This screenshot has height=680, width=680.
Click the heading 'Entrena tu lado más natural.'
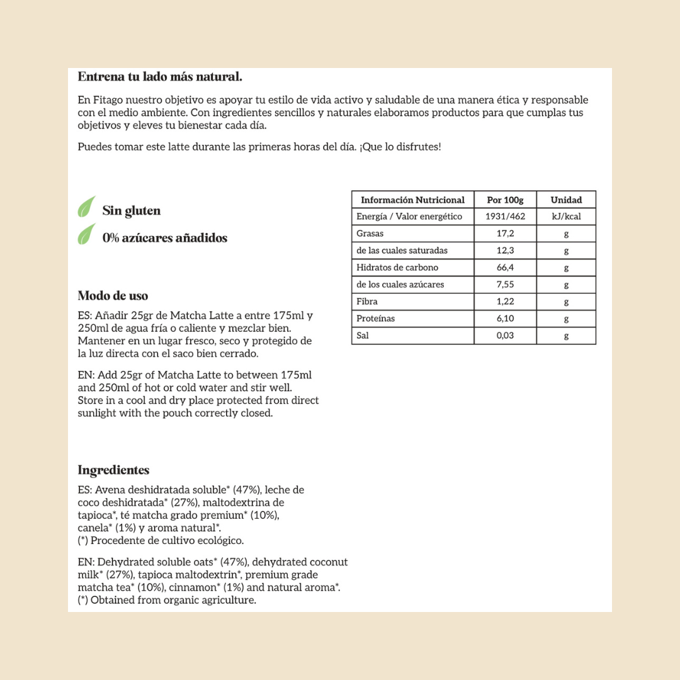(x=160, y=77)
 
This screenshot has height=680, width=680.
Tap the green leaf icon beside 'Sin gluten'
(x=86, y=207)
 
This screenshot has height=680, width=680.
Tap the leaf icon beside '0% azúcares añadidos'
(x=86, y=234)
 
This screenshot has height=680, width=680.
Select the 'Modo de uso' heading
(x=113, y=296)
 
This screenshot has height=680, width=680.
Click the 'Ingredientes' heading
(x=113, y=470)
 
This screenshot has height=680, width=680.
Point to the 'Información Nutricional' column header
(x=412, y=200)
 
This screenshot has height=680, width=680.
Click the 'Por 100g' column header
(x=505, y=200)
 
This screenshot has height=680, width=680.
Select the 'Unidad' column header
(x=566, y=200)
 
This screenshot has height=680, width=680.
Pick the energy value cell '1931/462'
(x=505, y=217)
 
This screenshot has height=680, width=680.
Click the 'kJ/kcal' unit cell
(x=566, y=217)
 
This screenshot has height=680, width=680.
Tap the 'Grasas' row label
(x=370, y=234)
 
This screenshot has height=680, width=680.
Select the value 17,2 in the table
(x=505, y=234)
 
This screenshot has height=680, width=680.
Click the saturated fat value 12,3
(x=505, y=251)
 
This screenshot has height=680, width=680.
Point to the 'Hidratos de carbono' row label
(x=397, y=268)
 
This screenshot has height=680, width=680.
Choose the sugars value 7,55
(x=505, y=285)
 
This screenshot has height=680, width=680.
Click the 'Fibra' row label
(x=367, y=302)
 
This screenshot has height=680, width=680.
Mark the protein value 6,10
(x=505, y=319)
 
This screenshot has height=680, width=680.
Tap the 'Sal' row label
(x=363, y=336)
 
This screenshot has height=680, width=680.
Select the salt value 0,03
(x=505, y=336)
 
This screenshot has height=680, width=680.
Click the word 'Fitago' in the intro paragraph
(x=107, y=100)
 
